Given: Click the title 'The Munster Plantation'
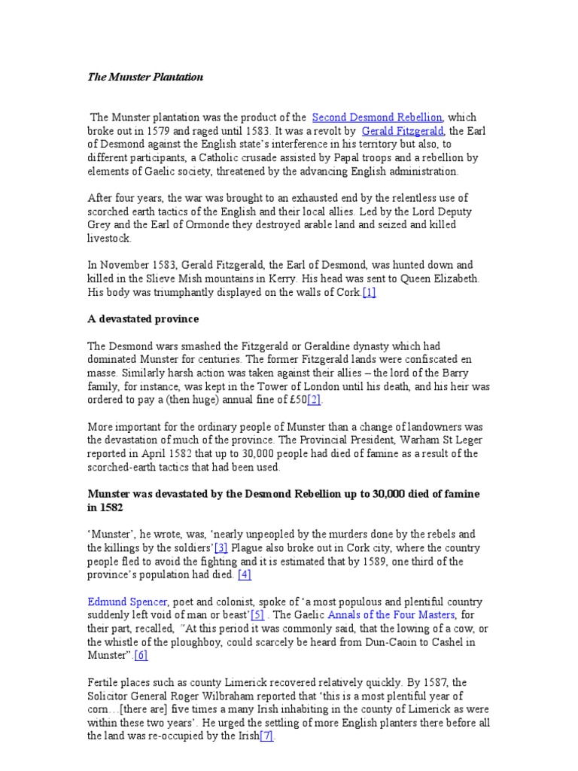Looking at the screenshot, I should [x=145, y=77].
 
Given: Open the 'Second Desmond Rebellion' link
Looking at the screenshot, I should [x=377, y=117].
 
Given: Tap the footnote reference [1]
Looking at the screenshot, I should [x=369, y=292].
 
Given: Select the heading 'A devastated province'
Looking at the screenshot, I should [x=143, y=319].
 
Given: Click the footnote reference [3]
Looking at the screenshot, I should [x=221, y=548].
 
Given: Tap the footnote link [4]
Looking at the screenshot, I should [x=245, y=575].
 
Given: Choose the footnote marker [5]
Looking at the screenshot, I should [x=257, y=616].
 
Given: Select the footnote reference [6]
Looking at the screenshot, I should [x=141, y=656].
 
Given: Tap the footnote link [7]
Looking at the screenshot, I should [x=267, y=736].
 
